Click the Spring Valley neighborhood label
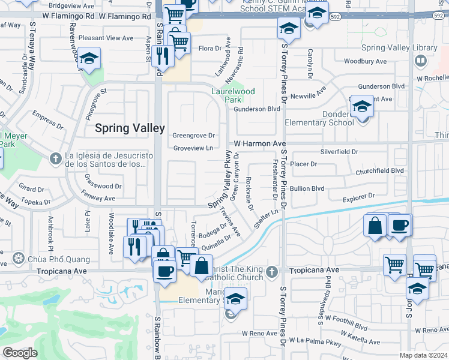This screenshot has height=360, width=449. [x=130, y=128]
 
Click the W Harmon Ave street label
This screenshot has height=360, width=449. [x=260, y=144]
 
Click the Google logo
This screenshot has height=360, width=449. [x=19, y=353]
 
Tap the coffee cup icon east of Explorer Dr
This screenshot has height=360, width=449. [x=399, y=226]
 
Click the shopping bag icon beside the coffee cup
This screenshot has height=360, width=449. [x=375, y=226]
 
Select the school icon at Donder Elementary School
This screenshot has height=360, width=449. [x=362, y=106]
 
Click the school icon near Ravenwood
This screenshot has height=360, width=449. [x=89, y=58]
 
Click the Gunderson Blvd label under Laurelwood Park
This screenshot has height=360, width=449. [x=257, y=109]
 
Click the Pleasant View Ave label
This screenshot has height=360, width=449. [x=106, y=38]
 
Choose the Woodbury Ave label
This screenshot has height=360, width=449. [x=365, y=61]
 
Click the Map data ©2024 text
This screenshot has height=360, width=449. [x=424, y=355]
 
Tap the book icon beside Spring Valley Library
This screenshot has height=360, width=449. [x=421, y=61]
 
